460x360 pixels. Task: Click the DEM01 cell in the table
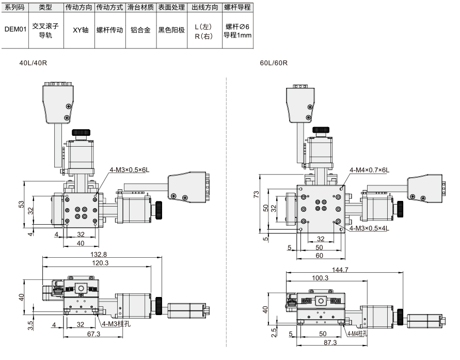point(15,29)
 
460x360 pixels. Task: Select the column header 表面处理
point(171,7)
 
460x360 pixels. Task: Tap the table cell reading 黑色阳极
point(171,30)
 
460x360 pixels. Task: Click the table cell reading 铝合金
point(140,30)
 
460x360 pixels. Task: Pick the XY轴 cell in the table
point(81,30)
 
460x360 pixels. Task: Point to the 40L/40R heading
point(33,63)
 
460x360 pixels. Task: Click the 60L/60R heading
point(274,63)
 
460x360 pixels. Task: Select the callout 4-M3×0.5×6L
point(130,169)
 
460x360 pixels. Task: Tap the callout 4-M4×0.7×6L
point(369,170)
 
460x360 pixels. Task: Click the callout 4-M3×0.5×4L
point(369,228)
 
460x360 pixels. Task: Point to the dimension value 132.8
point(99,255)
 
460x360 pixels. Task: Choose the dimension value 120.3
point(100,263)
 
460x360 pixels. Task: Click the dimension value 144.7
point(340,270)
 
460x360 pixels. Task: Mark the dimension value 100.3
point(320,277)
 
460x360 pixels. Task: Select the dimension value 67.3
point(93,334)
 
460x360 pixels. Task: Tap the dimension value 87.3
point(330,342)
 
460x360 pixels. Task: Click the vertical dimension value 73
point(256,194)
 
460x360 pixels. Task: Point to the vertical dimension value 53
point(21,204)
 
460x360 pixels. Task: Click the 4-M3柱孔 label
point(116,324)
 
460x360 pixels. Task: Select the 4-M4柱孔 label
point(357,333)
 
